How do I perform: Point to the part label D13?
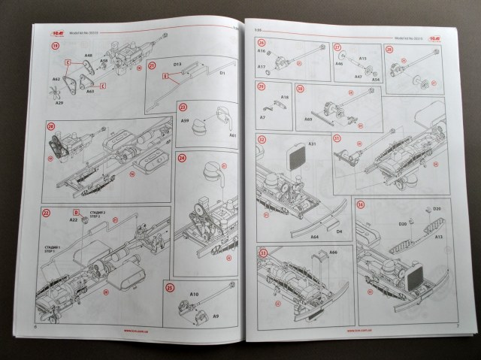(x=179, y=65)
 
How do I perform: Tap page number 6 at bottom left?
(x=35, y=327)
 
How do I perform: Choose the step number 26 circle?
(x=261, y=47)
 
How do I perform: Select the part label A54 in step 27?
(x=375, y=79)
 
